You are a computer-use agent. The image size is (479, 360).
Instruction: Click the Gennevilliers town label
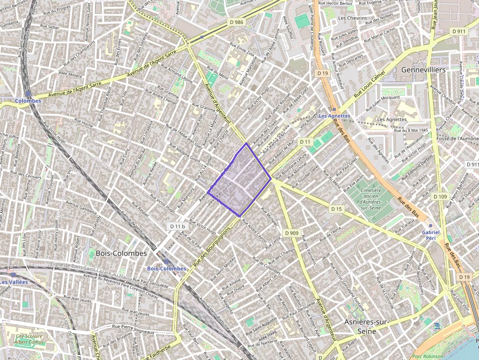423,70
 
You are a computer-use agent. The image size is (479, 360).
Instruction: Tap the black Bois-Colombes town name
121,254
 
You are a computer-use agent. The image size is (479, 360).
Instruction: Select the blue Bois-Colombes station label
167,269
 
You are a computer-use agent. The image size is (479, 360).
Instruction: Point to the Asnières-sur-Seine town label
368,326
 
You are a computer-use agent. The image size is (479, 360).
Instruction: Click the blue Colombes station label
27,101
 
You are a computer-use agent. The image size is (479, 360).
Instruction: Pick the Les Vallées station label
14,282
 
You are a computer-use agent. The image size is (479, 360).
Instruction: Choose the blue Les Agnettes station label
334,116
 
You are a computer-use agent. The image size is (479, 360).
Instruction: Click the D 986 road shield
236,22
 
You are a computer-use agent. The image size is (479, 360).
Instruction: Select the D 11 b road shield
178,226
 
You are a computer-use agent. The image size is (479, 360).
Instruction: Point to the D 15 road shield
336,209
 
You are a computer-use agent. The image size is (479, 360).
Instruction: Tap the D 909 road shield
291,233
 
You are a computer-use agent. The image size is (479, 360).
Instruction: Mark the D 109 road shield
440,196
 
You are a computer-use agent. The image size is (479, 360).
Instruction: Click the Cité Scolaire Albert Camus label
29,339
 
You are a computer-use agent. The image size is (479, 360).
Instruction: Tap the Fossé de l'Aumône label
457,138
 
